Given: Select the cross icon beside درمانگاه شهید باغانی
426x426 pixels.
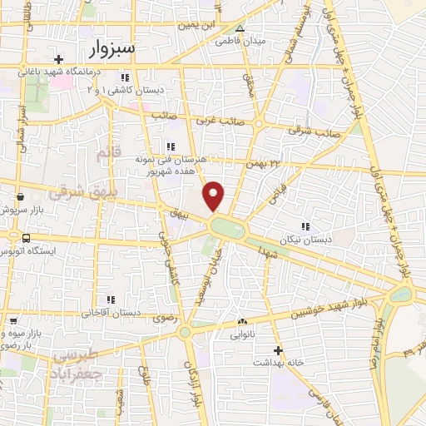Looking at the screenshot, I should tap(57, 59).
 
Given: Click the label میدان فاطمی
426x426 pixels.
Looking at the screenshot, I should tap(240, 40).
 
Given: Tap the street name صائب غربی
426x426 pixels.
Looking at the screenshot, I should tap(219, 120).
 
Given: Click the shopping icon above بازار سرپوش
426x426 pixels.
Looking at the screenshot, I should tap(19, 197).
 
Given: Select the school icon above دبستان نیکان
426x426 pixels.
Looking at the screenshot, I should tap(305, 226).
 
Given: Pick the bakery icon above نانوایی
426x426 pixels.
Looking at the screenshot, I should tap(241, 322).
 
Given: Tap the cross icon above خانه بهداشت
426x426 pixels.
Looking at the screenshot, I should tap(278, 351).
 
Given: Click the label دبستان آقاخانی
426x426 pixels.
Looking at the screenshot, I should tap(102, 314).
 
